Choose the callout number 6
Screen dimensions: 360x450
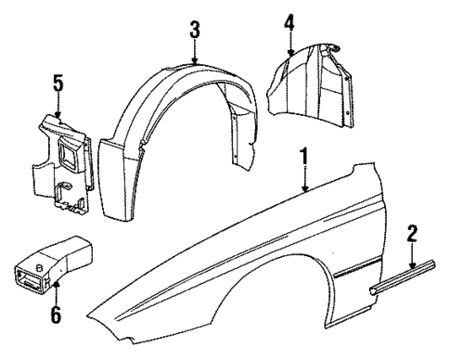click(x=56, y=315)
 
